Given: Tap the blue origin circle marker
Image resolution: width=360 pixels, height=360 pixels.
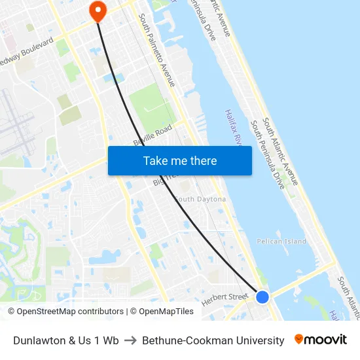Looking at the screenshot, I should point(262,297).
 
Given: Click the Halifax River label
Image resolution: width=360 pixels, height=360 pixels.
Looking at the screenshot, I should point(234,127).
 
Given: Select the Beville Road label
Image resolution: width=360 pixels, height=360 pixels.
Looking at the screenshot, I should point(153,134).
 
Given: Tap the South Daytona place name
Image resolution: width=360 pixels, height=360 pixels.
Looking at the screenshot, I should point(200,199).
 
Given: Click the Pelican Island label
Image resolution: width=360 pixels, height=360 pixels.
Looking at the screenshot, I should point(281,242).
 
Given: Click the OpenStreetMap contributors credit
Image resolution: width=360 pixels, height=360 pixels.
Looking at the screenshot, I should point(66,312).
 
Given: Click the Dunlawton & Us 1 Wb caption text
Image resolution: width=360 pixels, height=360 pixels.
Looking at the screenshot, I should point(66,340).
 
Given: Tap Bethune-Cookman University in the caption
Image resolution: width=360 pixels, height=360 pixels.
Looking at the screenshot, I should point(213,340).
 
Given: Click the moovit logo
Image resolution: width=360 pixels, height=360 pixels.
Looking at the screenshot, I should point(321,340).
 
